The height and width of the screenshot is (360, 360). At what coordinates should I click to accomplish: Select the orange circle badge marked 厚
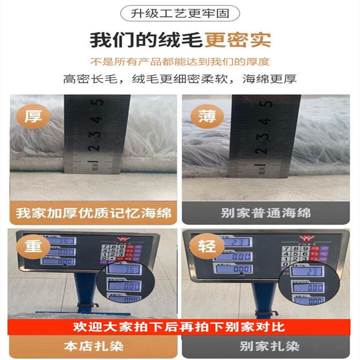(33, 117)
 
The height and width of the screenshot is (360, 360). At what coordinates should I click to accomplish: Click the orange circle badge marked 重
(33, 247)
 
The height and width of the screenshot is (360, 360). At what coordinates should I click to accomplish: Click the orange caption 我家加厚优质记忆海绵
(94, 213)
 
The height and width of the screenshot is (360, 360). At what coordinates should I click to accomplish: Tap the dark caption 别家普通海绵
(265, 213)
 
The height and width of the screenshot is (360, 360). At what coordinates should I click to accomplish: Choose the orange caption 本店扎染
(94, 346)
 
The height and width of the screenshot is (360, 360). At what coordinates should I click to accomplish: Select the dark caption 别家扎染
(265, 346)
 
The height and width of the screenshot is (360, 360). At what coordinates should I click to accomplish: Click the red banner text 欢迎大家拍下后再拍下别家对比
(180, 326)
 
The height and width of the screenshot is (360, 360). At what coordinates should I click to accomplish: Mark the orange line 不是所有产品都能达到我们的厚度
(180, 62)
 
